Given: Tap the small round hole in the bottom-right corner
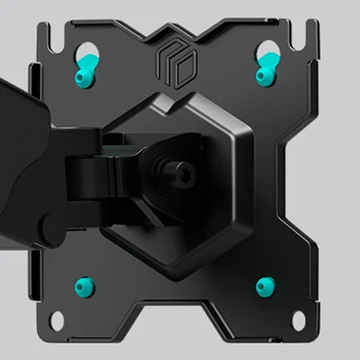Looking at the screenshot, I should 300,320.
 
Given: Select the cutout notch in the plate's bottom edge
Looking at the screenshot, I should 176,331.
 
